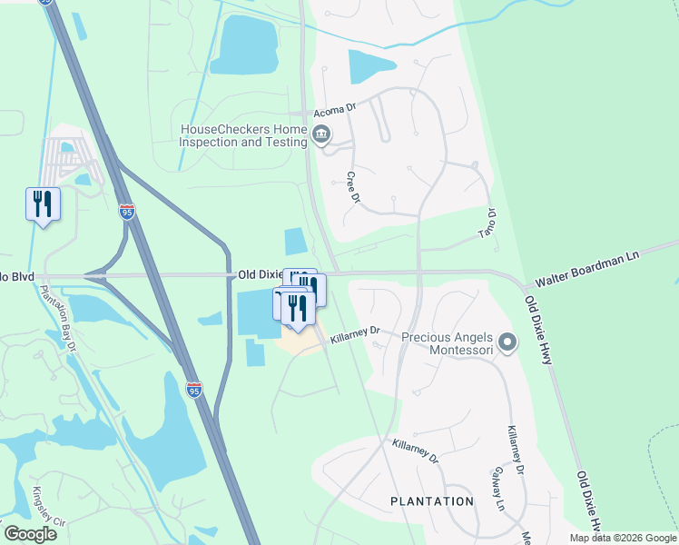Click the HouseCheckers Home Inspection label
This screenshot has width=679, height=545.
tap(243, 136)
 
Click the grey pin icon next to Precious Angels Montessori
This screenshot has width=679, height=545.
tap(507, 342)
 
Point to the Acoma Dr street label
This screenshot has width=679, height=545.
tap(329, 111)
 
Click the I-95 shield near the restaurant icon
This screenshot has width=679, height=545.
tap(127, 213)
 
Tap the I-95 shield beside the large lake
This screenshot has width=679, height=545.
tap(194, 389)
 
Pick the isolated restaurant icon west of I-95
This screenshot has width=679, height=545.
tap(43, 204)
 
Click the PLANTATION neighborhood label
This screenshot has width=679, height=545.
tap(431, 501)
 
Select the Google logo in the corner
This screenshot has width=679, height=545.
tap(30, 533)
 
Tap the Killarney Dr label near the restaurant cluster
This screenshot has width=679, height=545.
tap(355, 336)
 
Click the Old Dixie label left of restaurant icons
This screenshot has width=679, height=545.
tap(260, 273)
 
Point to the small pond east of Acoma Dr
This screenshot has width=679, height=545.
tap(370, 66)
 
